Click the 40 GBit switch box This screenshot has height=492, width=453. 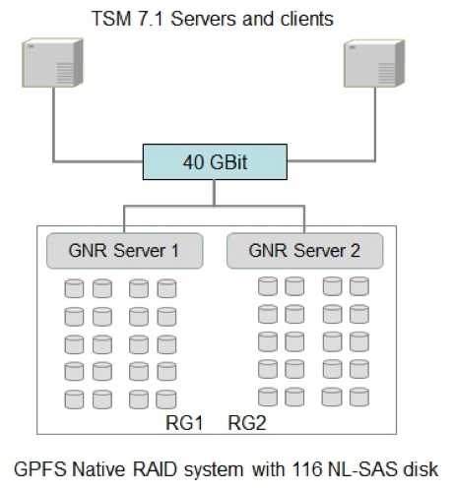click(x=215, y=162)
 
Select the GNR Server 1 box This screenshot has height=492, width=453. click(x=125, y=251)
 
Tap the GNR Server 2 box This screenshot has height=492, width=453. click(x=305, y=251)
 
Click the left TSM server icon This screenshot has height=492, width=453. click(x=52, y=63)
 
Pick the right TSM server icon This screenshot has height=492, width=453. click(x=374, y=63)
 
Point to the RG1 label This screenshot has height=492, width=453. click(x=184, y=423)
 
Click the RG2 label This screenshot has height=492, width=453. click(x=247, y=423)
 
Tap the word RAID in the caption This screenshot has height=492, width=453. click(x=155, y=469)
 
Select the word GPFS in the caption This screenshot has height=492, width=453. click(x=40, y=469)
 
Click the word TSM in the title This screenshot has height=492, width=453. click(x=111, y=19)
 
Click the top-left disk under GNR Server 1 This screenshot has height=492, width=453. click(x=74, y=288)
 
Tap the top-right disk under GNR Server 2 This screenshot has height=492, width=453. click(x=359, y=286)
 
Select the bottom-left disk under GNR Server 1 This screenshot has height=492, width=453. click(x=74, y=400)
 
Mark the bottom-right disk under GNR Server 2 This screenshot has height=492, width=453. click(x=359, y=397)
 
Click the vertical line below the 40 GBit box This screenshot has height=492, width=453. click(x=215, y=193)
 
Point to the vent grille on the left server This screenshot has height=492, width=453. click(x=65, y=74)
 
